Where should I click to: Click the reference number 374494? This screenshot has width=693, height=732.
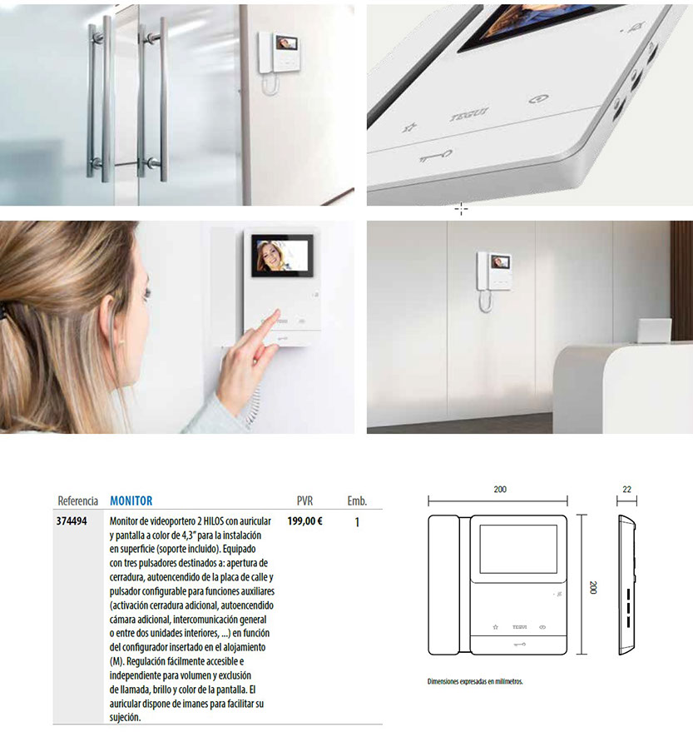pos(72,521)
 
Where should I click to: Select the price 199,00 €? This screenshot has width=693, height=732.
pos(304,521)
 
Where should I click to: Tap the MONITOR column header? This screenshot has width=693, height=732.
pos(131,501)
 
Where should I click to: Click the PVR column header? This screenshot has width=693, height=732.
pos(304,501)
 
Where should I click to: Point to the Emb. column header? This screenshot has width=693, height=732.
pos(357,501)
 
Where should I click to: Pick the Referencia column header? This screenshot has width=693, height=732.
pos(77,501)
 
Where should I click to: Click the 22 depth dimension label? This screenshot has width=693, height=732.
pos(626,489)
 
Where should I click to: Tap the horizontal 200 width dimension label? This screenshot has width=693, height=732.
pos(500,489)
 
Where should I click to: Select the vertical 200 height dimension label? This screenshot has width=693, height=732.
pos(592,587)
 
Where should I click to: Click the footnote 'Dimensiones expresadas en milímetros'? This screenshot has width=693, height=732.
pos(475,681)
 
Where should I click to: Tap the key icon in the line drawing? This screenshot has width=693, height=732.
pos(519,645)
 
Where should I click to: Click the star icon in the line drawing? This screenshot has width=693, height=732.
pos(495,627)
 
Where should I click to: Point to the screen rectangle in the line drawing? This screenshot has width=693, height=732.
pos(518,549)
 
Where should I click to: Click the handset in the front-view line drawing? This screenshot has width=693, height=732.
pos(443,585)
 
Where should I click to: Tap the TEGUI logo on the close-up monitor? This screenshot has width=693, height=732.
pos(469,114)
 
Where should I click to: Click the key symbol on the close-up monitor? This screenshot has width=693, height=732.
pos(435,156)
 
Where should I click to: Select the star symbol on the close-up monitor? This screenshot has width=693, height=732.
pos(409,127)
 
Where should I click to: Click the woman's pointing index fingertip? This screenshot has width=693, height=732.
pos(279,311)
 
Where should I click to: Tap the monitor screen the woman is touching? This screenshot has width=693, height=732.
pos(282,256)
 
